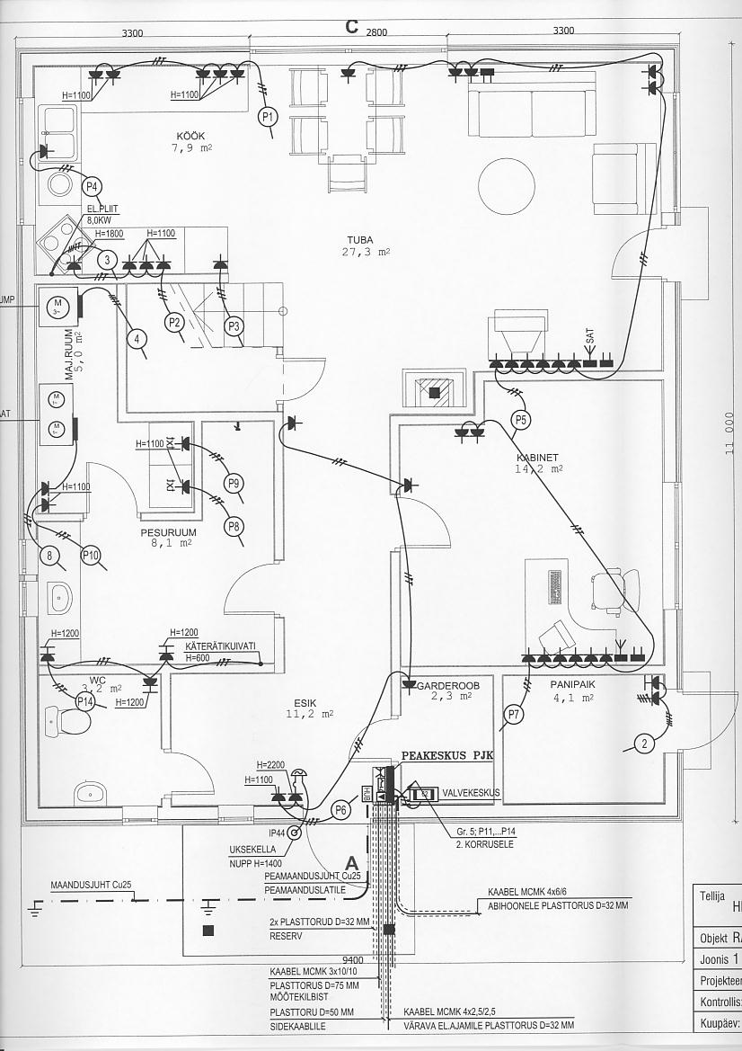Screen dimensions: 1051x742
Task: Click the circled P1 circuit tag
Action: [269, 116]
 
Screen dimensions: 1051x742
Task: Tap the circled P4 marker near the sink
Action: [91, 186]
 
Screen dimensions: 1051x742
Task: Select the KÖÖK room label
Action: [190, 136]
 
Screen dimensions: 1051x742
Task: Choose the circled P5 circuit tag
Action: [521, 419]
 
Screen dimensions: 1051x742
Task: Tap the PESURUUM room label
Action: [168, 531]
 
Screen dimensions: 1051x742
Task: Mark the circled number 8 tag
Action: [50, 556]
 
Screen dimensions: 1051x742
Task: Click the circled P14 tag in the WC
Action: [85, 700]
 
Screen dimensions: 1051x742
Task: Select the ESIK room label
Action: [305, 702]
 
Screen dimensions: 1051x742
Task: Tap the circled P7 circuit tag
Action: [514, 715]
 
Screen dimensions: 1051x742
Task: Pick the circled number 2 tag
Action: [642, 743]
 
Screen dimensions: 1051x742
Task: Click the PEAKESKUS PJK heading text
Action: [446, 756]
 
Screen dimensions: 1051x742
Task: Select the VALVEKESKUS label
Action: [472, 793]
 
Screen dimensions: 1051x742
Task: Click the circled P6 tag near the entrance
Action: [340, 809]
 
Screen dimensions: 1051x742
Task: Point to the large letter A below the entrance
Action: [352, 863]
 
